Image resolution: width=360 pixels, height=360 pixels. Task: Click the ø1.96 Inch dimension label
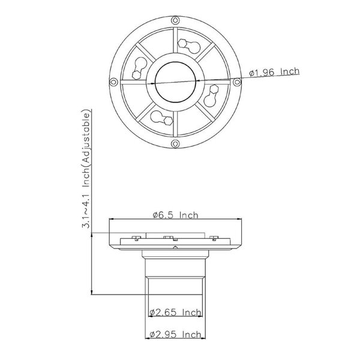pyautogui.click(x=274, y=73)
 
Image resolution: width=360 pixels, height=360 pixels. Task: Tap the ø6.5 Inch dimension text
pyautogui.click(x=176, y=214)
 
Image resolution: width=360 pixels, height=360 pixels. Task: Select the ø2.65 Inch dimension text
pyautogui.click(x=176, y=312)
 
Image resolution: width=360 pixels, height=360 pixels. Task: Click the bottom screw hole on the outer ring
pyautogui.click(x=175, y=144)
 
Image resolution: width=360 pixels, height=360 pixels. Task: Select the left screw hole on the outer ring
pyautogui.click(x=112, y=81)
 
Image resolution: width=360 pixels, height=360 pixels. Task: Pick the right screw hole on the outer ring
pyautogui.click(x=238, y=81)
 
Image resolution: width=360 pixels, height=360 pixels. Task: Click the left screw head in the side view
pyautogui.click(x=136, y=238)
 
